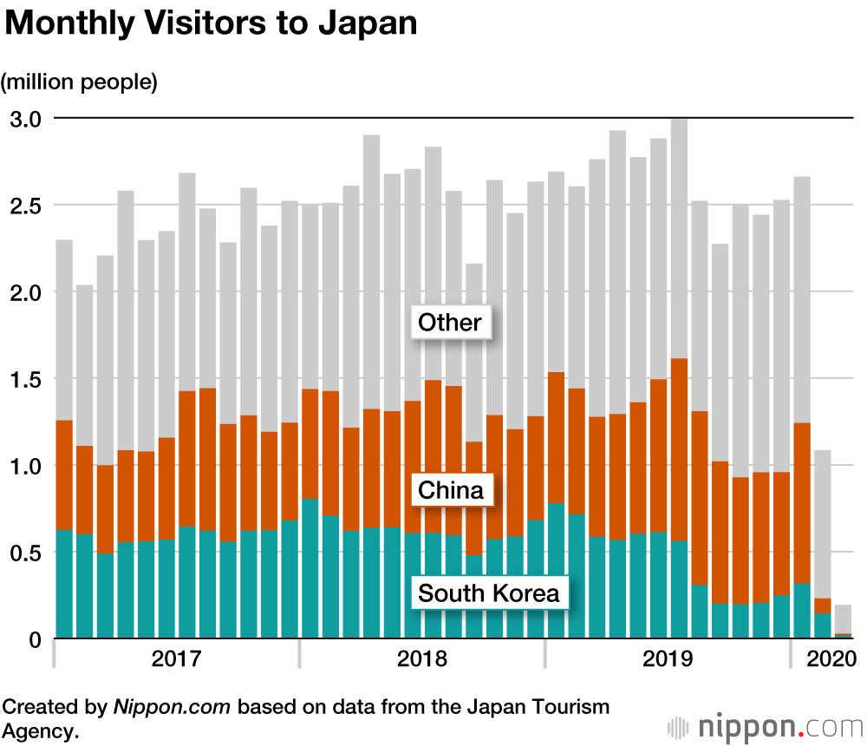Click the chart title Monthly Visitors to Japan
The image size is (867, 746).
point(212,23)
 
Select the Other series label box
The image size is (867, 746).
point(449,324)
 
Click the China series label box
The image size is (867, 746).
point(450,491)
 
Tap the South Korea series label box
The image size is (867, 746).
point(489,594)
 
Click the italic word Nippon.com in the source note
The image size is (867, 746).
point(172,706)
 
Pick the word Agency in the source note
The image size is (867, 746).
point(40,730)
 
